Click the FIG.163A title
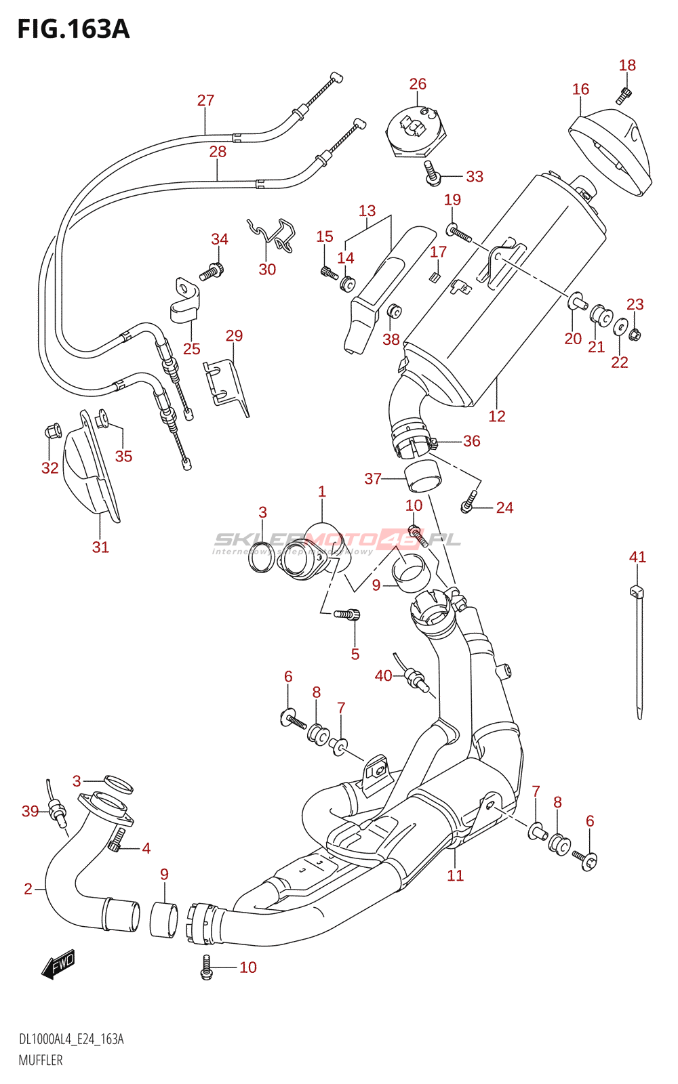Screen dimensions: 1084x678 point(73,29)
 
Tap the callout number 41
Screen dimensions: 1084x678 point(637,557)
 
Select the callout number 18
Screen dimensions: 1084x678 point(627,65)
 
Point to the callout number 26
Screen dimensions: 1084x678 point(418,84)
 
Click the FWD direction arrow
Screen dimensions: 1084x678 point(59,963)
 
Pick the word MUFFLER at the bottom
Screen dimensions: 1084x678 point(41,1060)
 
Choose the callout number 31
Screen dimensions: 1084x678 point(100,547)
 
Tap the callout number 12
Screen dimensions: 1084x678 point(497,416)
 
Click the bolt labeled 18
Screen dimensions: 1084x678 point(624,95)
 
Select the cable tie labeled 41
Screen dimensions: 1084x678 point(639,650)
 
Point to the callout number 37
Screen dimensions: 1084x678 point(373,479)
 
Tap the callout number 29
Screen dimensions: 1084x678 point(234,335)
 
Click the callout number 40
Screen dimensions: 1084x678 point(383,675)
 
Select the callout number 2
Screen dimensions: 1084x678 point(28,888)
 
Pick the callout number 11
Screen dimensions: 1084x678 point(455,875)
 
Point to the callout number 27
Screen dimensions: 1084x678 point(205,100)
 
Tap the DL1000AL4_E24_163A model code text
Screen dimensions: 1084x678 point(71,1039)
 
